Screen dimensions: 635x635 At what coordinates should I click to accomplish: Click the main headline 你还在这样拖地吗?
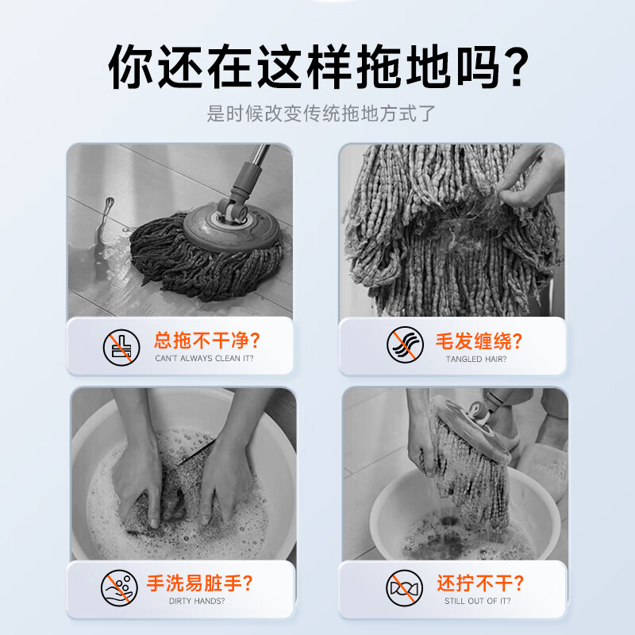click(x=317, y=67)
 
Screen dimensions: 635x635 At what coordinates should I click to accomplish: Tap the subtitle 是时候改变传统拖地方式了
click(x=317, y=114)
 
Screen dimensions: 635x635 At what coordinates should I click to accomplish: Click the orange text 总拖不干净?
click(x=206, y=341)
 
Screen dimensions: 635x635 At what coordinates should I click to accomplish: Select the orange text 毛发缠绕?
click(x=479, y=341)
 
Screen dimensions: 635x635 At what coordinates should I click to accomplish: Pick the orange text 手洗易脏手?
click(x=200, y=583)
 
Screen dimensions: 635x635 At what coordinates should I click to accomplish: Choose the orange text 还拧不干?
click(x=479, y=583)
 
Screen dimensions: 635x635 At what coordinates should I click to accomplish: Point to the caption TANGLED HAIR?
click(x=476, y=359)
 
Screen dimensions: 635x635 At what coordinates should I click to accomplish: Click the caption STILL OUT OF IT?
click(x=478, y=601)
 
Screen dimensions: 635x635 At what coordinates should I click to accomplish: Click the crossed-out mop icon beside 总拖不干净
click(x=121, y=348)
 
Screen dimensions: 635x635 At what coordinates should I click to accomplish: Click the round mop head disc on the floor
click(x=233, y=225)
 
